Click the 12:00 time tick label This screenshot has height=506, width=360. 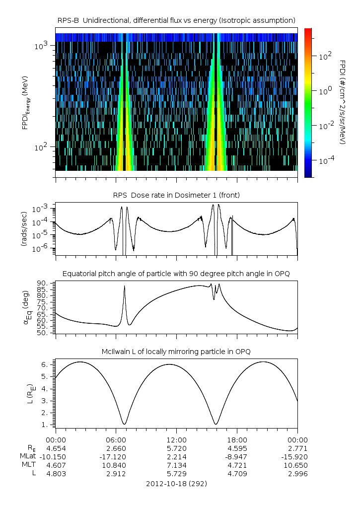[176, 440]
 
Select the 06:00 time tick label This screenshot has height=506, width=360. [116, 440]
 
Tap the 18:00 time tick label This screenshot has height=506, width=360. [237, 440]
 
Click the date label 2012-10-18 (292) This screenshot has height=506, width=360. [176, 483]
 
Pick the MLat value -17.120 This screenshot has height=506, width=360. [116, 456]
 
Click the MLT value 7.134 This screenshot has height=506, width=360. [176, 465]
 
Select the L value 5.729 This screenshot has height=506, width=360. [176, 474]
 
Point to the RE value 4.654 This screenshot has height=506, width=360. [56, 448]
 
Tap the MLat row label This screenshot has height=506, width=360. [28, 456]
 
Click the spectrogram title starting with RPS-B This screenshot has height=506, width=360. [176, 20]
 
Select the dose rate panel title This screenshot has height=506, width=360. [176, 195]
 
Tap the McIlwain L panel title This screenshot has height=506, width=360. [176, 352]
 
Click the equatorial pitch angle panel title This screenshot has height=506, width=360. [176, 274]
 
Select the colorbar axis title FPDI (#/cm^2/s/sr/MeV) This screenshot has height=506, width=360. [343, 102]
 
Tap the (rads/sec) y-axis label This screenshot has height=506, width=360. [24, 229]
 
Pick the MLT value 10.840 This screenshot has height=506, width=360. [116, 465]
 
